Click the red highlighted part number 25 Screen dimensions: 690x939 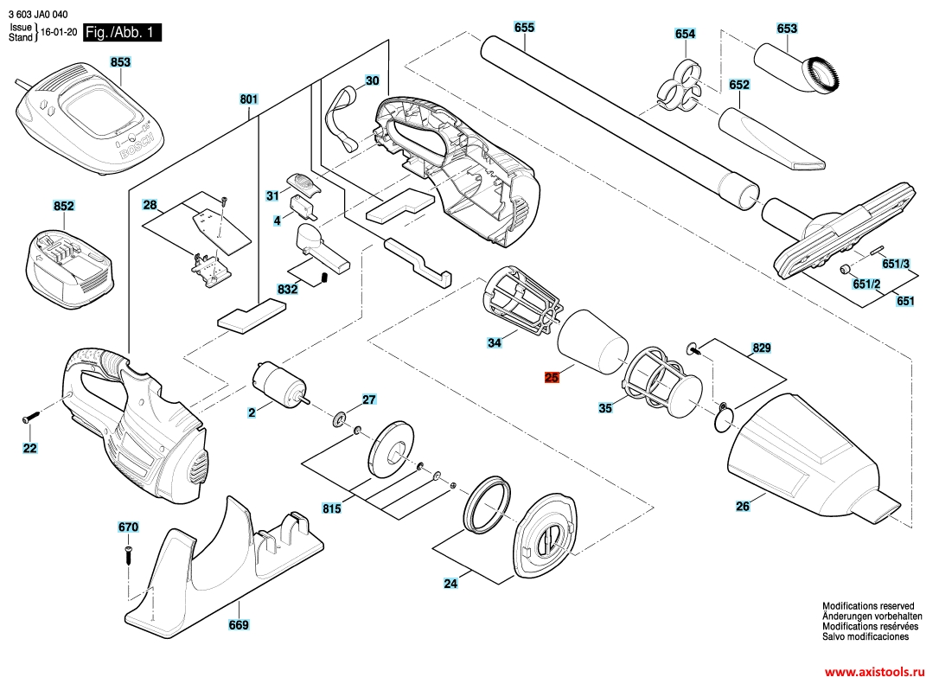(553, 377)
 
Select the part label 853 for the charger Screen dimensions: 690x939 (120, 62)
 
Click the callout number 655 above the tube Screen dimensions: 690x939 (524, 28)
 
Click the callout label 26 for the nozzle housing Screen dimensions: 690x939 (743, 507)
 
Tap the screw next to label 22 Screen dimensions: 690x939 (31, 418)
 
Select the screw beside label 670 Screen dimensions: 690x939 (128, 553)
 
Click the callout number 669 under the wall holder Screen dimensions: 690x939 (239, 625)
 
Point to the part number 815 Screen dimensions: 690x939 (331, 509)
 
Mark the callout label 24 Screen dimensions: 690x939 (450, 584)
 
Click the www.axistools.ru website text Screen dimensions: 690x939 (874, 672)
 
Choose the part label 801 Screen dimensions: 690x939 (248, 99)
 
